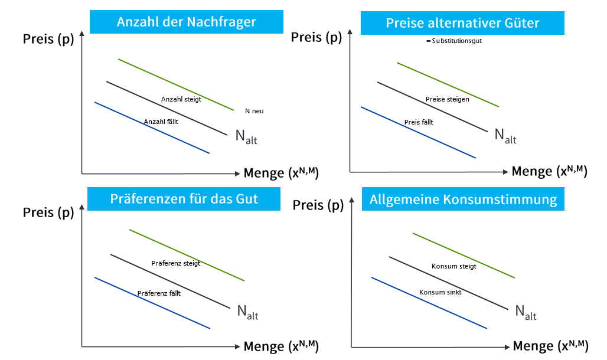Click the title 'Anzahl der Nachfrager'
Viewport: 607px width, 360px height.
coord(187,22)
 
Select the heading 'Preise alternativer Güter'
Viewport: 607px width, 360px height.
coord(462,23)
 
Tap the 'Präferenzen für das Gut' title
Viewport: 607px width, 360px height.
coord(184,198)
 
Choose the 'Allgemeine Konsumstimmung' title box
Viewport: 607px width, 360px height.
coord(463,199)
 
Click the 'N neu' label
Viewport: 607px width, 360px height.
coord(254,111)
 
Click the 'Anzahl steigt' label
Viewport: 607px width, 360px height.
coord(181,99)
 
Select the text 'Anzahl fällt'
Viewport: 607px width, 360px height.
coord(161,122)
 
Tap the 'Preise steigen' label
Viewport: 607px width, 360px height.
coord(448,99)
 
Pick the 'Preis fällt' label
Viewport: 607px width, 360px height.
coord(419,122)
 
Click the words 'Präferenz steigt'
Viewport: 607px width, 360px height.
coord(176,263)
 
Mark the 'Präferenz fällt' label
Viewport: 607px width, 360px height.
coord(159,293)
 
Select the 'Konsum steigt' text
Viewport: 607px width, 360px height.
coord(454,266)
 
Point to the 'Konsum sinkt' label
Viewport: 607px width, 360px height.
coord(440,292)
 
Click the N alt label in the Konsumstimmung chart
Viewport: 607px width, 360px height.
coord(526,312)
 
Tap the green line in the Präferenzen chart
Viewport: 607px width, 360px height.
coord(187,254)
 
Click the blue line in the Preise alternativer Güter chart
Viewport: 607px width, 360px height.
coord(418,132)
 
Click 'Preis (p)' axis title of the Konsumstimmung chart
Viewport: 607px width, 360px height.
coord(318,205)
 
